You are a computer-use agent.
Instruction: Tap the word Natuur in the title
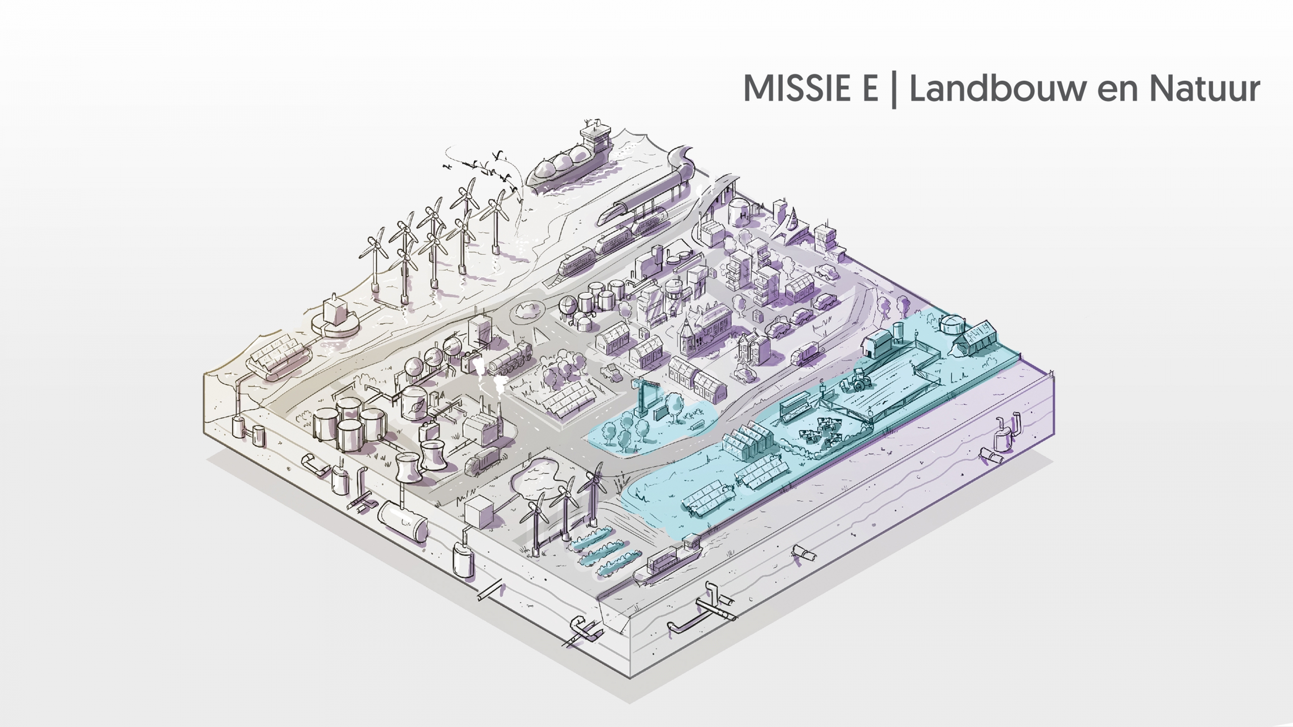[x=1204, y=88]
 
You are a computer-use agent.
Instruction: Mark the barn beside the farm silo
[x=879, y=343]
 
